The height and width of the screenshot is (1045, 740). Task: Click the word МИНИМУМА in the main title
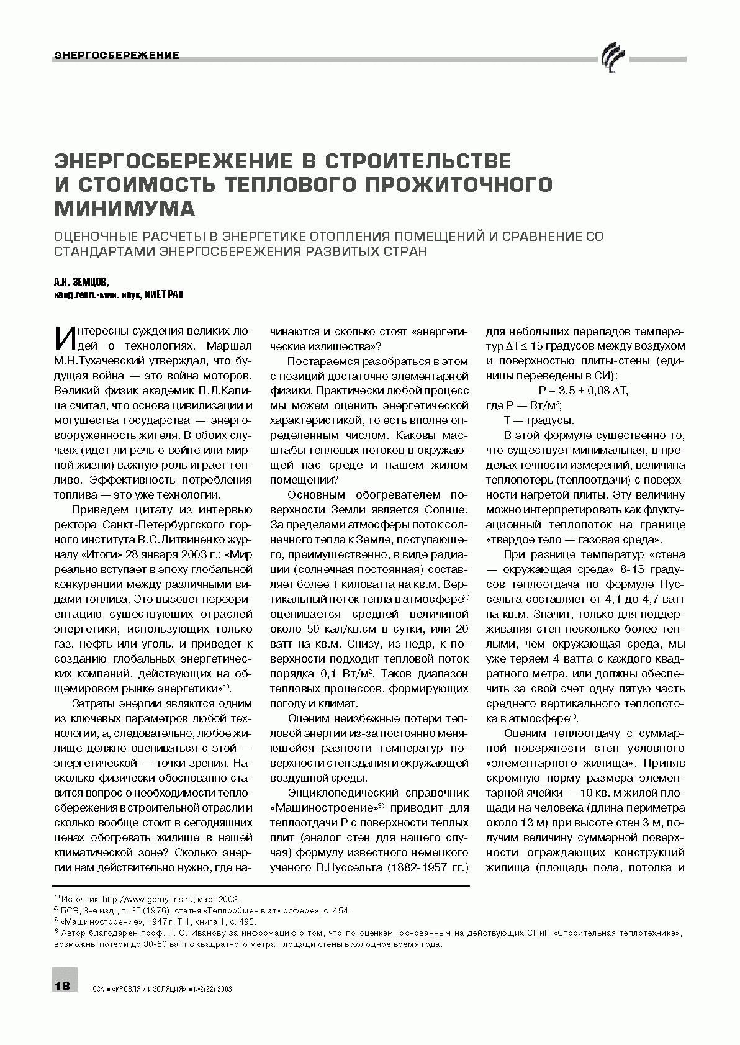coord(125,209)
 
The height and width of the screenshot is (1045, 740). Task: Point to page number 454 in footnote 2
coord(341,910)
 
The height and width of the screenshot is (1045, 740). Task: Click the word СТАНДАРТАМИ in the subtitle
coord(105,253)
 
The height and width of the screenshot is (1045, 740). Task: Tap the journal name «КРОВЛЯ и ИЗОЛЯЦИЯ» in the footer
coord(150,988)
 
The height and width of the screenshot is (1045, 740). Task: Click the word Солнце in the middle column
coord(446,510)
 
